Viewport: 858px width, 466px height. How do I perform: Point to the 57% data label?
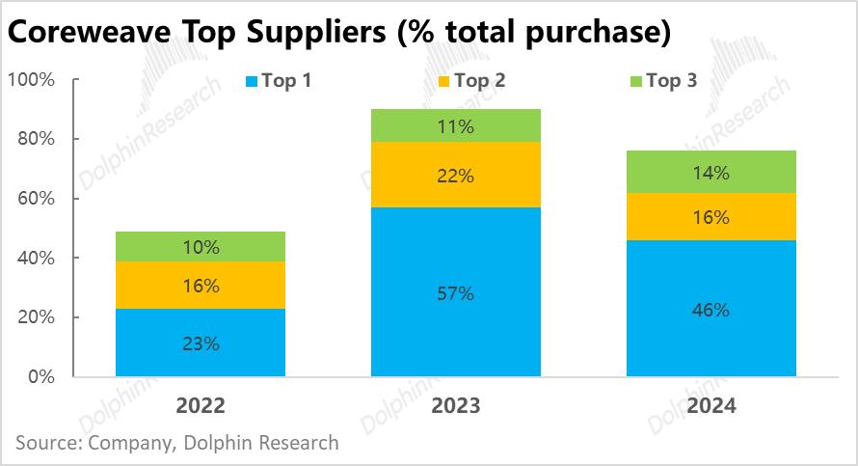[x=455, y=293]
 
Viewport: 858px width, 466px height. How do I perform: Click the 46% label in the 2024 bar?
[x=711, y=310]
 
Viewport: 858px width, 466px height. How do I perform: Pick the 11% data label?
[x=455, y=125]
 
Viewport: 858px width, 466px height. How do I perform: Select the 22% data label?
[x=455, y=176]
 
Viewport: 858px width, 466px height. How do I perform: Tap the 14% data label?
[x=711, y=174]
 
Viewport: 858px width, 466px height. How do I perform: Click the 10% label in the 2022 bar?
[x=201, y=247]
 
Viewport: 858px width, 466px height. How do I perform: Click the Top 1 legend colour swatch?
[x=254, y=82]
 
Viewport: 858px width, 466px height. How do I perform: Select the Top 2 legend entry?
[x=480, y=81]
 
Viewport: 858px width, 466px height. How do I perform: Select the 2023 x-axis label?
[x=455, y=405]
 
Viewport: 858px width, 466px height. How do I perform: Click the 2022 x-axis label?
[x=201, y=405]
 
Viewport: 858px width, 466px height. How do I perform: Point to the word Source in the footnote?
[x=45, y=443]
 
